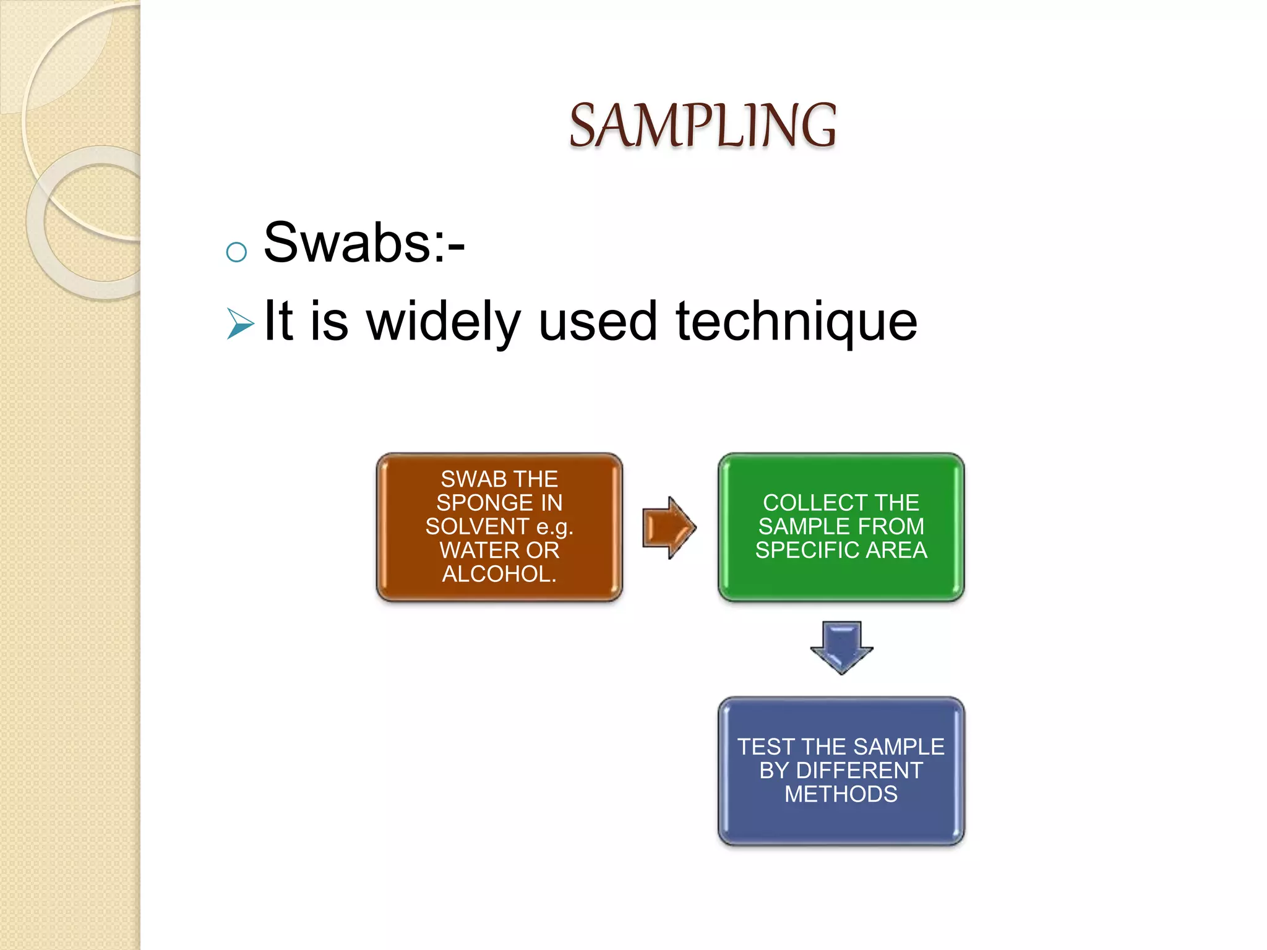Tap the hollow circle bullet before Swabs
[236, 252]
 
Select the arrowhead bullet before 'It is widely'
[240, 323]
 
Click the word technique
[796, 322]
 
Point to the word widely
[443, 322]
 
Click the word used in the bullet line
[598, 322]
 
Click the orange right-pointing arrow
[669, 528]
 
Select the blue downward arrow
[841, 647]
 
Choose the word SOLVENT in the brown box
[476, 527]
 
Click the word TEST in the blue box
[766, 747]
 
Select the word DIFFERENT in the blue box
[859, 771]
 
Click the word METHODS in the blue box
[841, 794]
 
